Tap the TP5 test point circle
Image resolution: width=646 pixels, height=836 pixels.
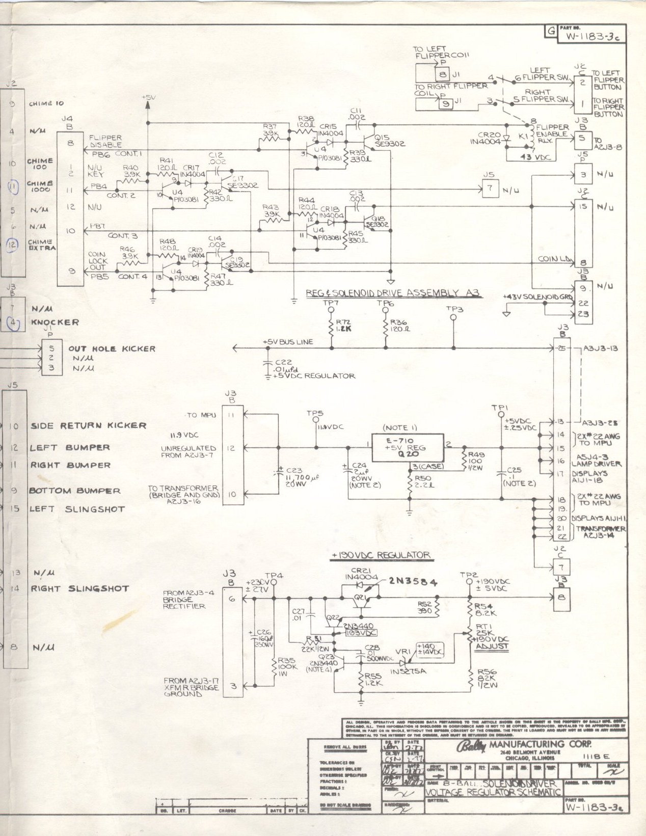tap(316, 420)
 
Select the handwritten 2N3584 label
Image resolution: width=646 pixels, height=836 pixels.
tap(413, 582)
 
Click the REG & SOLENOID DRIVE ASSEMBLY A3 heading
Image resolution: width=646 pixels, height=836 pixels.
tap(393, 292)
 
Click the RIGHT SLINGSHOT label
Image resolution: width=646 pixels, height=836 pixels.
tap(80, 588)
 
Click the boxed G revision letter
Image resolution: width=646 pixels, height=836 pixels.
tap(550, 31)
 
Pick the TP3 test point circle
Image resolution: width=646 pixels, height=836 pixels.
tap(453, 317)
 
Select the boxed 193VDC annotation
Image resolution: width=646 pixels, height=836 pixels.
tap(360, 632)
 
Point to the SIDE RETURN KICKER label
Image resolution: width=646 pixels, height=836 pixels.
tap(88, 425)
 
